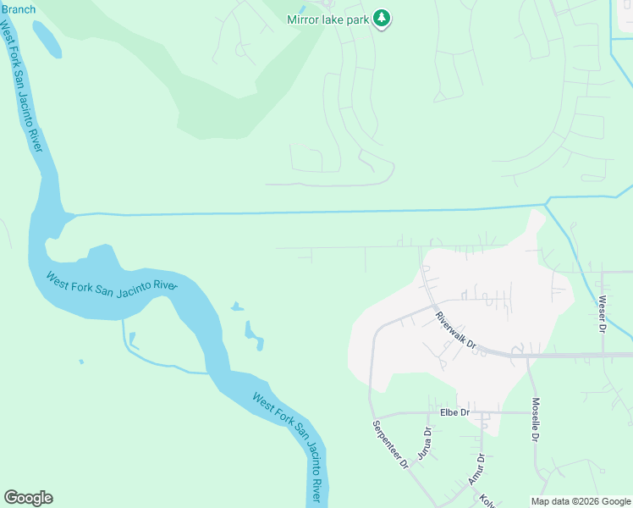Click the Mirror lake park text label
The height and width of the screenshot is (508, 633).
(x=327, y=19)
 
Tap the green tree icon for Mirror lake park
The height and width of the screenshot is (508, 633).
(x=382, y=18)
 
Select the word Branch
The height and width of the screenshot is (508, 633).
(x=18, y=9)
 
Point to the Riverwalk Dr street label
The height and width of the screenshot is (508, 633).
(x=457, y=331)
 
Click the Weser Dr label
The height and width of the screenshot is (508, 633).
(x=603, y=313)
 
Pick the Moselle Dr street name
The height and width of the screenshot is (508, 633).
(x=535, y=419)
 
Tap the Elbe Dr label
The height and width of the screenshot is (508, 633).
(x=454, y=412)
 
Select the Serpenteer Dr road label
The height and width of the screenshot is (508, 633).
(x=390, y=445)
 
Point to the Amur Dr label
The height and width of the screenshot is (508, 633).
(x=476, y=469)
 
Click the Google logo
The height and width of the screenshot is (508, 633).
(x=28, y=498)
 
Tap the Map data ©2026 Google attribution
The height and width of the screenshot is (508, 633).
(x=580, y=501)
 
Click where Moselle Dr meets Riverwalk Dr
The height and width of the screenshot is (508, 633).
(x=527, y=356)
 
